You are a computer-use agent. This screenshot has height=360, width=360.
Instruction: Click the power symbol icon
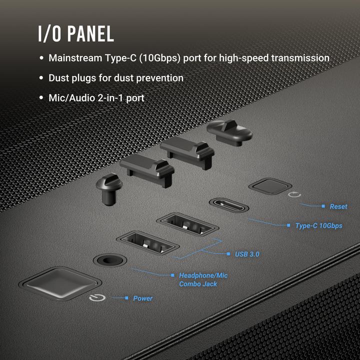[x=96, y=299]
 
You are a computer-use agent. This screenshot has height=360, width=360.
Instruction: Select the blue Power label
[x=142, y=298]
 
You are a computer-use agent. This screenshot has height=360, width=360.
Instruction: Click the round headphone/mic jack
[x=108, y=260]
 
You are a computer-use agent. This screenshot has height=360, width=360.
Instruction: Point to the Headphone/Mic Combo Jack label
[x=203, y=279]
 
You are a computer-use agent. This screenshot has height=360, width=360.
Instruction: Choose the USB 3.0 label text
[x=247, y=254]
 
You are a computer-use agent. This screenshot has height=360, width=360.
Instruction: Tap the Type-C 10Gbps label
[x=318, y=226]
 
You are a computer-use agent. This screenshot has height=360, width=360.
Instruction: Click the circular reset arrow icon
[x=294, y=192]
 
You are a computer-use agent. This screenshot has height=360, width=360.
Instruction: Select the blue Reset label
[x=338, y=206]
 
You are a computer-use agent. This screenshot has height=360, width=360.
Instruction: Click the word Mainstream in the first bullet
[x=75, y=58]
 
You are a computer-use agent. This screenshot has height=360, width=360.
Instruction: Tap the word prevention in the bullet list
[x=160, y=78]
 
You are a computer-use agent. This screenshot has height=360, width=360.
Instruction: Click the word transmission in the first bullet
[x=300, y=58]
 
